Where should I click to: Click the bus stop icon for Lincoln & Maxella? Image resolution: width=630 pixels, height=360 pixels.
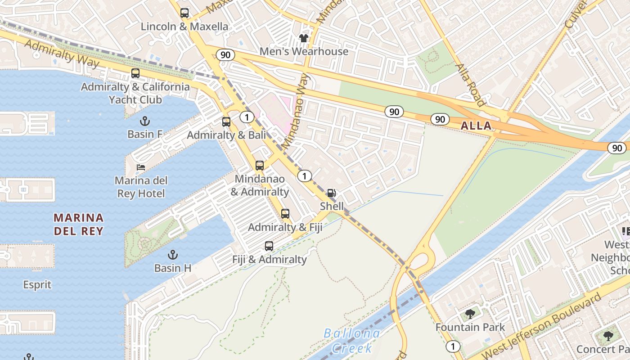pos(184,13)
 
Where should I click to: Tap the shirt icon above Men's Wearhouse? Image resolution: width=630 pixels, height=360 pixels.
pos(304,38)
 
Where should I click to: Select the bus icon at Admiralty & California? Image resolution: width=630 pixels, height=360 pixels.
pos(135,73)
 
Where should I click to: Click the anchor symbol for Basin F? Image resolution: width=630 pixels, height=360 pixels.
pos(144,121)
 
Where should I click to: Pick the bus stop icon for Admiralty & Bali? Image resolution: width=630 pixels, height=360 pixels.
pos(226,122)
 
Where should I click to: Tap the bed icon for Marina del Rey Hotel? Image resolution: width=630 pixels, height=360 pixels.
pos(141,167)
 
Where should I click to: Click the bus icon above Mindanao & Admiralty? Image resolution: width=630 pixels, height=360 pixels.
pos(260,166)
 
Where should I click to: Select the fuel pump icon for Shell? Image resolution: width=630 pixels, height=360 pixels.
pos(331,193)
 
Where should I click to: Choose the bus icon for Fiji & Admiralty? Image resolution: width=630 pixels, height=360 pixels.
pos(269,246)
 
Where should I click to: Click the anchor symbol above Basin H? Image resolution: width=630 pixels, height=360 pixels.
pos(172,255)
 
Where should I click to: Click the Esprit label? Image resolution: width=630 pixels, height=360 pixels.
pos(37,285)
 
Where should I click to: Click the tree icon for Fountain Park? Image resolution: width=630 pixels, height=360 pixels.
pos(470,314)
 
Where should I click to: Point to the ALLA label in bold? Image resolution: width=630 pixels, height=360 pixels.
pos(476,126)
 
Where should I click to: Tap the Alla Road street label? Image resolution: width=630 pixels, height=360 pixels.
pos(470,85)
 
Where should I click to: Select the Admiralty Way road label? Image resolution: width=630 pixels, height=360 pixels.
pos(61,53)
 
